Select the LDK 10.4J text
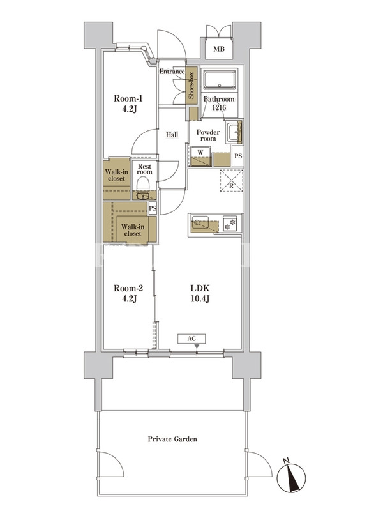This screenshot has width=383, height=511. tap(200, 293)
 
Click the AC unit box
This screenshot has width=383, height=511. tap(191, 339)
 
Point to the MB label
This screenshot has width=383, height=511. tap(219, 49)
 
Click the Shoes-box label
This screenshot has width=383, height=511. tap(191, 86)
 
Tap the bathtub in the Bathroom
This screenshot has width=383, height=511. tap(220, 79)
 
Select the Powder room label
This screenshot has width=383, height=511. tap(208, 135)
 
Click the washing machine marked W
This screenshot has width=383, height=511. tap(200, 156)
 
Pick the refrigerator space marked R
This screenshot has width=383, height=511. tap(232, 181)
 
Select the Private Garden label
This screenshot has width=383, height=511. tap(172, 439)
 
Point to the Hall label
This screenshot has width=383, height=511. tap(172, 135)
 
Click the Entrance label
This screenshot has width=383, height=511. tap(172, 72)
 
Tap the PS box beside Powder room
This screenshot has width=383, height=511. tap(238, 156)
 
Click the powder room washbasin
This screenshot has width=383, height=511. tap(233, 132)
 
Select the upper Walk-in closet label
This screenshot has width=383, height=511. tap(116, 175)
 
